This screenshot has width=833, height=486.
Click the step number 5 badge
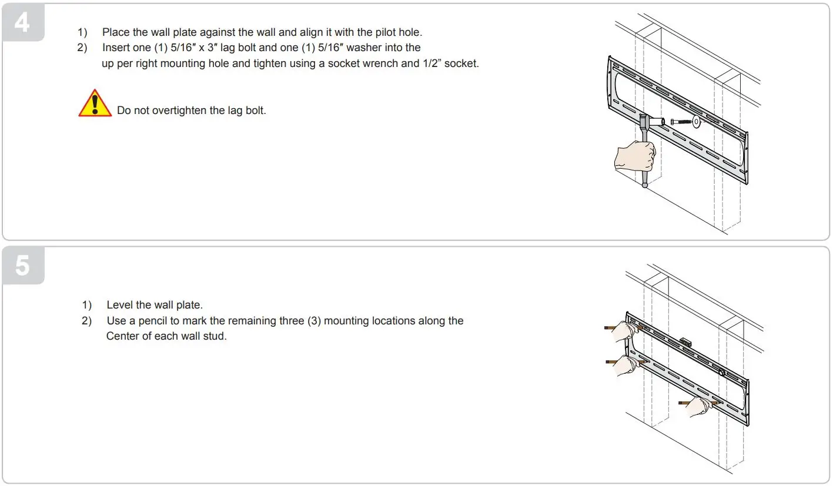click(x=23, y=266)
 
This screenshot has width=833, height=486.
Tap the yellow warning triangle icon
click(x=95, y=104)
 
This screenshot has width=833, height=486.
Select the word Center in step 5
click(x=122, y=337)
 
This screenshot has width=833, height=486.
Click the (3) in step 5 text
click(x=314, y=321)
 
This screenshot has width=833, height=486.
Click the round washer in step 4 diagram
click(x=696, y=122)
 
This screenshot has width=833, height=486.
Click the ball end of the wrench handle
click(x=645, y=185)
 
